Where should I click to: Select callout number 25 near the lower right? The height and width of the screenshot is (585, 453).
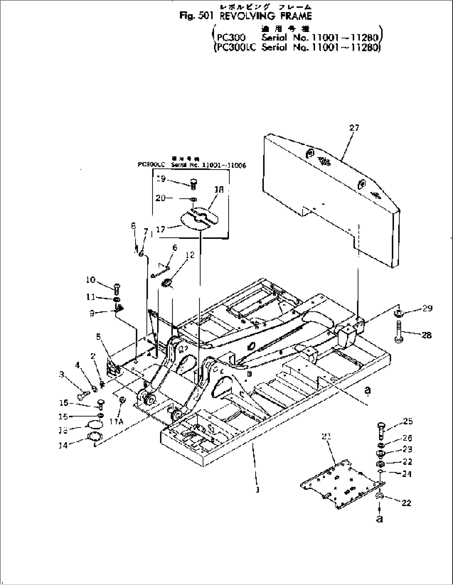click(x=408, y=421)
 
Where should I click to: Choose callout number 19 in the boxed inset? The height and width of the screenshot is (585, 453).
click(x=162, y=179)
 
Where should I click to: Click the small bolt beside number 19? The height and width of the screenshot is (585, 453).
click(x=194, y=183)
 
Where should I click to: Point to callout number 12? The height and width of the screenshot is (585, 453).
click(x=190, y=256)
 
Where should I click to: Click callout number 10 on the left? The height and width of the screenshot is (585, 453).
click(x=91, y=280)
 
